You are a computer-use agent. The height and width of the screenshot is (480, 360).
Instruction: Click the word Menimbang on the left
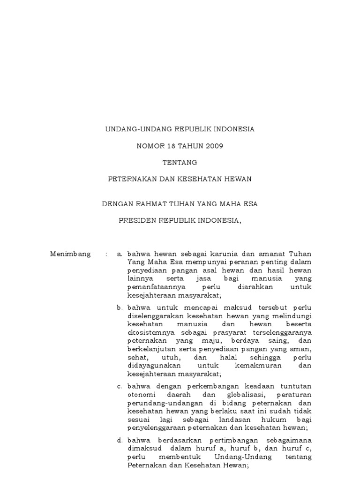[x=70, y=254]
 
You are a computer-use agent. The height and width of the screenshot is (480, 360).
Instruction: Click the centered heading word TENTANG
[x=180, y=163]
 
